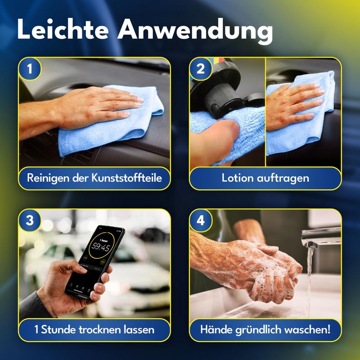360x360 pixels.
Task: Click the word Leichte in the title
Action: [63, 29]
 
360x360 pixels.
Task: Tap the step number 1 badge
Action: [30, 69]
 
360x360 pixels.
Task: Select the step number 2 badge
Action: [200, 69]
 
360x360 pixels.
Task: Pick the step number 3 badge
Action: [30, 220]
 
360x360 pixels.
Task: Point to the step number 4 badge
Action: [200, 220]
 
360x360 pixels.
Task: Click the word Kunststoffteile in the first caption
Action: [127, 178]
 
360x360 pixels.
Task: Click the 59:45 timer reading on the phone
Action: [100, 247]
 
